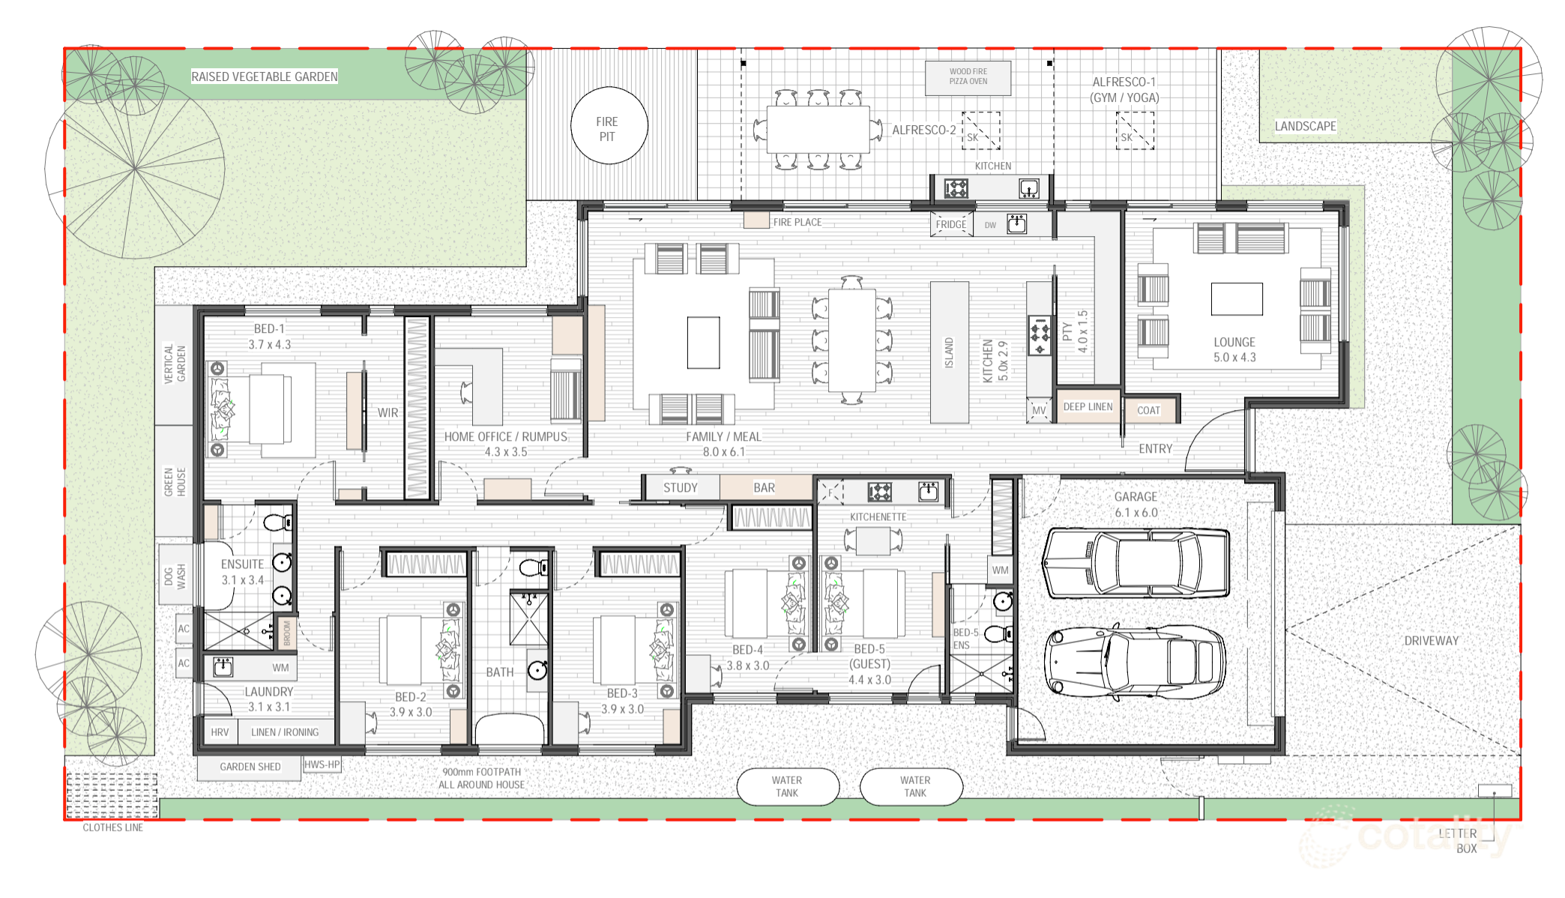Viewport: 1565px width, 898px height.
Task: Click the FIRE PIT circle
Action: tap(609, 126)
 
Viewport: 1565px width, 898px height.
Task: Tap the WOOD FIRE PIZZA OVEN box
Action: tap(968, 77)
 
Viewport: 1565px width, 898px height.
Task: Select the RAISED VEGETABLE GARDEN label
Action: tap(264, 76)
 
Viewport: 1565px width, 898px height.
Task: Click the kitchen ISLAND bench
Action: tap(949, 352)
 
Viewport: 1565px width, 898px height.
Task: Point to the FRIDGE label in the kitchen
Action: tap(950, 224)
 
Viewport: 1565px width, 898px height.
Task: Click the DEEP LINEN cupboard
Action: tap(1088, 406)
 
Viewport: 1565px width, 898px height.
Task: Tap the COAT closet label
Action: tap(1149, 410)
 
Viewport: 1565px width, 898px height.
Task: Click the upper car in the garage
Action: tap(1136, 564)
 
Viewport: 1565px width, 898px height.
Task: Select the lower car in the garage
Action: tap(1134, 662)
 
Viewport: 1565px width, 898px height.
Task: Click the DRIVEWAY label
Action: tap(1431, 641)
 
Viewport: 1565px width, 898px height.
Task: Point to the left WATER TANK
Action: tap(787, 786)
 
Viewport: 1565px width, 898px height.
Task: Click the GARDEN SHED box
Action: tap(250, 767)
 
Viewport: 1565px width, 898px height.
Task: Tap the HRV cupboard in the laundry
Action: tap(220, 732)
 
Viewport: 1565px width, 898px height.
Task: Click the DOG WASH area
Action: tap(175, 576)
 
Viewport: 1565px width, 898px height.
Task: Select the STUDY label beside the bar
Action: tap(680, 488)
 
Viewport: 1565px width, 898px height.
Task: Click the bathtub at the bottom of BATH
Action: tap(510, 729)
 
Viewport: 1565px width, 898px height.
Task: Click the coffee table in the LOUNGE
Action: tap(1236, 299)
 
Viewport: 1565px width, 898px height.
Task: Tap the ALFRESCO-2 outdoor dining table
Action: tap(818, 130)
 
